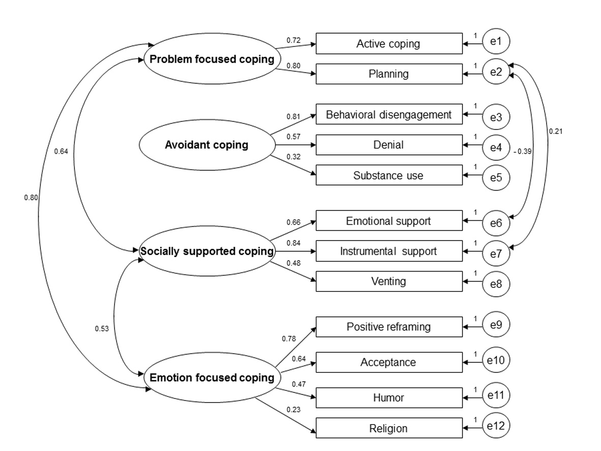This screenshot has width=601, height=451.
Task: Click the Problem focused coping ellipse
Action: coord(211,59)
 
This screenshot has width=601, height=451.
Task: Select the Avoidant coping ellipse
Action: coord(207,145)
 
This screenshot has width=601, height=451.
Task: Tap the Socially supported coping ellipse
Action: coord(207,251)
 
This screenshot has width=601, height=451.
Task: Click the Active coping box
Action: coord(389,43)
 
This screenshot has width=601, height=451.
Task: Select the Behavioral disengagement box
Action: coord(389,115)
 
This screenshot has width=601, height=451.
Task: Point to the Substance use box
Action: coord(389,175)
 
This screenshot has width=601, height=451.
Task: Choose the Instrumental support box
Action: coord(389,251)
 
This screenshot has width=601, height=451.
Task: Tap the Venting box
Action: coord(389,281)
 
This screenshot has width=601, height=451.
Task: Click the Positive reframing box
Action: coord(389,327)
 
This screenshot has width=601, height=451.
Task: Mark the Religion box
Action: coord(389,428)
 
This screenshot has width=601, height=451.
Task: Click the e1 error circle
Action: coord(496,42)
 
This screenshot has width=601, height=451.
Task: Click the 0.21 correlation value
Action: coord(555,131)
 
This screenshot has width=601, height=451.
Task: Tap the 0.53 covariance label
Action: coord(102,328)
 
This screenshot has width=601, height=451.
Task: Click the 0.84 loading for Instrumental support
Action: coord(293,243)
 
